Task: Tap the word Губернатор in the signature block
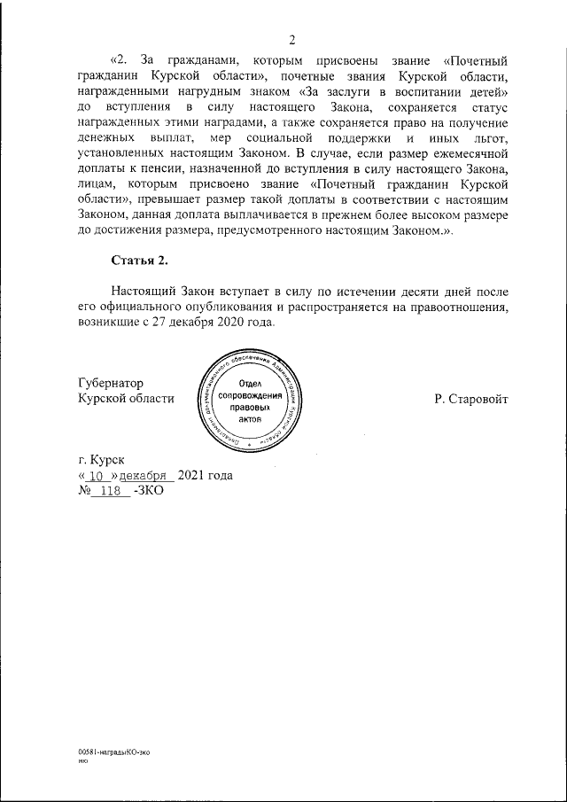pyautogui.click(x=110, y=382)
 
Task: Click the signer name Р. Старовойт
pyautogui.click(x=471, y=399)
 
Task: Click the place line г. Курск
pyautogui.click(x=102, y=459)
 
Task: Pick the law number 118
pyautogui.click(x=111, y=492)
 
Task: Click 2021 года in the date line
pyautogui.click(x=205, y=476)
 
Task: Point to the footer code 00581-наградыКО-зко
pyautogui.click(x=113, y=751)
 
